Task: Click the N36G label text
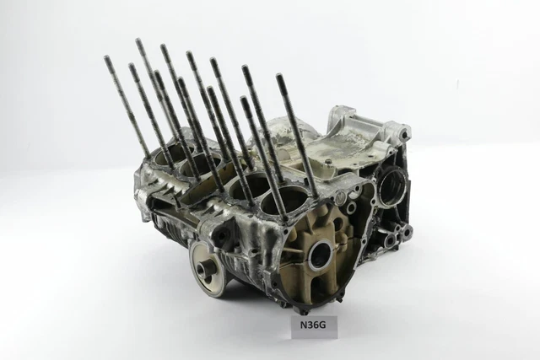coord(313,325)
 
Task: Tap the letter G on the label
coord(321,325)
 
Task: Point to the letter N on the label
coord(304,325)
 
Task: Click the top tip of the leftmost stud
coord(106,57)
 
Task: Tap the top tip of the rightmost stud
coord(279,75)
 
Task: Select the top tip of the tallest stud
coord(138,40)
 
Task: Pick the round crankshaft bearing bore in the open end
coord(322,255)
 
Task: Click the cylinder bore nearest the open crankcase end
coord(281,201)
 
